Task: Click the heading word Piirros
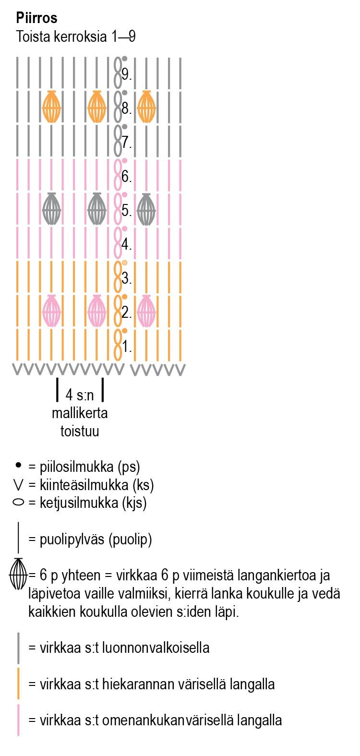[x=36, y=18]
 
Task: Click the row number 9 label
[x=127, y=74]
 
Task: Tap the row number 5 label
[x=127, y=210]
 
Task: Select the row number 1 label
[x=127, y=347]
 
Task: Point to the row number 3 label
[x=127, y=278]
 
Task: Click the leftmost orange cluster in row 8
[x=52, y=107]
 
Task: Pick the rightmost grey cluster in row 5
[x=146, y=209]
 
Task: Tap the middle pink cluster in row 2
[x=97, y=311]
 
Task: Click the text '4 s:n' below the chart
[x=80, y=395]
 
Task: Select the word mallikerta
[x=80, y=413]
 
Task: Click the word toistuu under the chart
[x=80, y=431]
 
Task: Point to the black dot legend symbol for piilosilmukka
[x=19, y=465]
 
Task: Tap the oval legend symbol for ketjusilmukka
[x=19, y=503]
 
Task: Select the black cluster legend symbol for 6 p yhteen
[x=19, y=574]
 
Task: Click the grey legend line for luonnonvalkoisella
[x=19, y=648]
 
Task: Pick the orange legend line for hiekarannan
[x=19, y=684]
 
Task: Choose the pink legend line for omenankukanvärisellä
[x=19, y=720]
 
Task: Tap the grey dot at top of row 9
[x=125, y=59]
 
